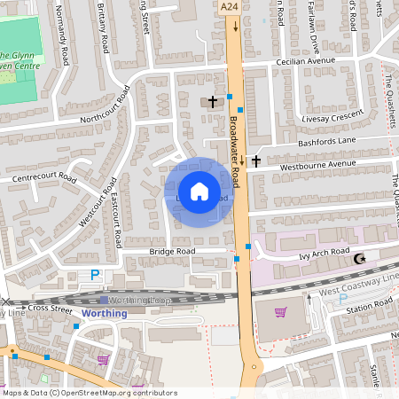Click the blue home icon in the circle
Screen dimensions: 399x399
point(199,191)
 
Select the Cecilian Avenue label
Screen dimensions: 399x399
point(306,61)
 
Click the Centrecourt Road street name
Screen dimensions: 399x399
point(44,177)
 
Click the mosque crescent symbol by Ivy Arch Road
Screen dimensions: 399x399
point(359,259)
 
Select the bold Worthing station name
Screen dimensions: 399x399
point(98,313)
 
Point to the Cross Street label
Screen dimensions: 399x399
point(49,309)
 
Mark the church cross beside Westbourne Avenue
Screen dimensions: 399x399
point(256,161)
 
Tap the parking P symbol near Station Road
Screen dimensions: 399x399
point(343,299)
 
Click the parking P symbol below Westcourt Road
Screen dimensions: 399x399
point(95,276)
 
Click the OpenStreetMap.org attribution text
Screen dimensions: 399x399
point(116,393)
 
